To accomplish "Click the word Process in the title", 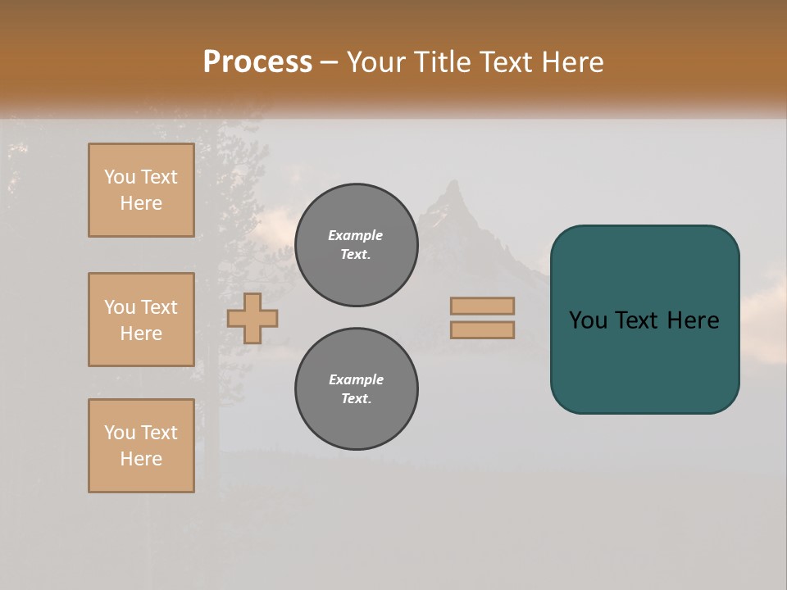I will coord(257,62).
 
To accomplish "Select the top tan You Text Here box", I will coord(141,190).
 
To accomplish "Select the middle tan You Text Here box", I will coord(141,320).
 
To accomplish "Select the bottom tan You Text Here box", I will coord(141,446).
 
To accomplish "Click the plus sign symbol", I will coord(252,318).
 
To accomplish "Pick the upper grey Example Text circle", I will coord(357,245).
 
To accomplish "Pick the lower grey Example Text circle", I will coord(357,389).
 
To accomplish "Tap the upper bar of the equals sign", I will coord(482,306).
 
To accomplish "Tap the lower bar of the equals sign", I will coord(482,329).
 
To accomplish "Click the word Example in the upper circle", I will coord(356,235).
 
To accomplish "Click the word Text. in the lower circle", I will coord(356,399).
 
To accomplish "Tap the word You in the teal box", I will coord(588,320).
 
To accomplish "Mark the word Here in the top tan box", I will coord(141,203).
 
